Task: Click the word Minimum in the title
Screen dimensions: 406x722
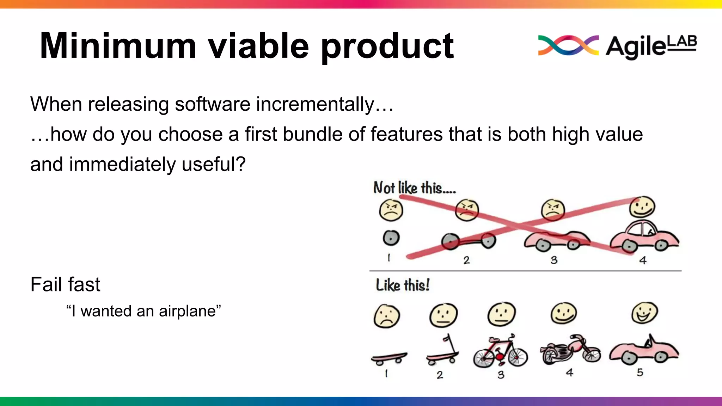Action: [118, 46]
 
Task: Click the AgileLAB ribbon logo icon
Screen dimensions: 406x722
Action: [568, 45]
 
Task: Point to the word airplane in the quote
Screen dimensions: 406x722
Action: [187, 311]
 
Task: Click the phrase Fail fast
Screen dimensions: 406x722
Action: [65, 284]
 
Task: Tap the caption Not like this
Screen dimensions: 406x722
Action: [414, 188]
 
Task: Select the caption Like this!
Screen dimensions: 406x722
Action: [403, 285]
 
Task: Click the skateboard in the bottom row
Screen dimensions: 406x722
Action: [389, 358]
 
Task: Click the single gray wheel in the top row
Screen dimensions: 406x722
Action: [391, 238]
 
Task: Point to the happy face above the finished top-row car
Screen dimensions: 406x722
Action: [642, 207]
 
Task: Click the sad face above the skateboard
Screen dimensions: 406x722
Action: [387, 316]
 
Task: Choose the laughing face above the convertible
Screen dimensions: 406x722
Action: [644, 313]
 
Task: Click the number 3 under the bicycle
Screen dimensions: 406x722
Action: [501, 375]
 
